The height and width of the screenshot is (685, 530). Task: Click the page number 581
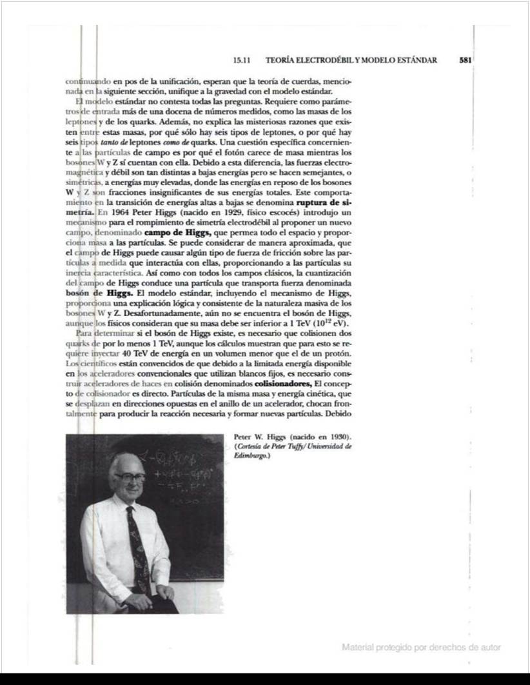point(466,61)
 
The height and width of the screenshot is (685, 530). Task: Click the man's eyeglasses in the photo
point(129,477)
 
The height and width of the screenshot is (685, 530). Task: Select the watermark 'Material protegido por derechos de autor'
point(421,647)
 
